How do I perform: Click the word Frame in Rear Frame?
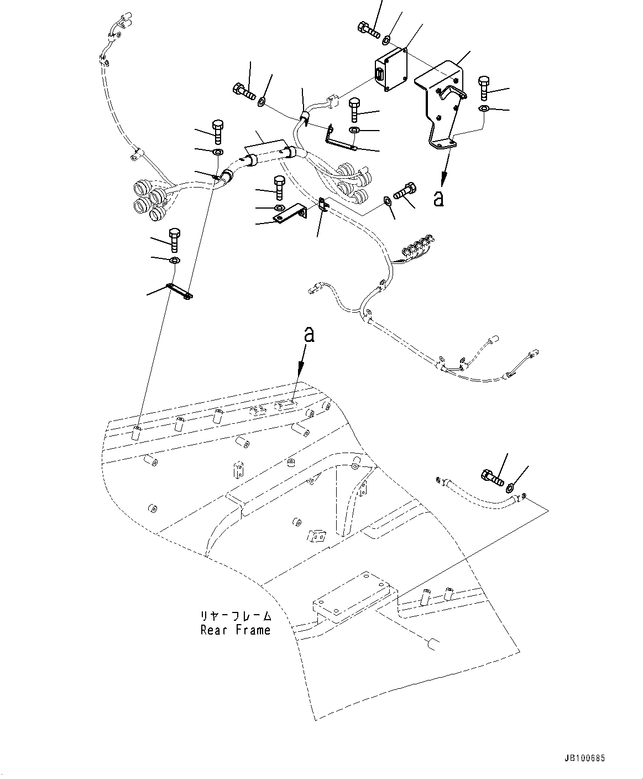pyautogui.click(x=253, y=630)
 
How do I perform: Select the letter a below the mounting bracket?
pyautogui.click(x=439, y=198)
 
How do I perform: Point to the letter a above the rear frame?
pyautogui.click(x=310, y=334)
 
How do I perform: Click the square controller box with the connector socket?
pyautogui.click(x=391, y=68)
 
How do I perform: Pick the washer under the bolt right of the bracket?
pyautogui.click(x=483, y=108)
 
